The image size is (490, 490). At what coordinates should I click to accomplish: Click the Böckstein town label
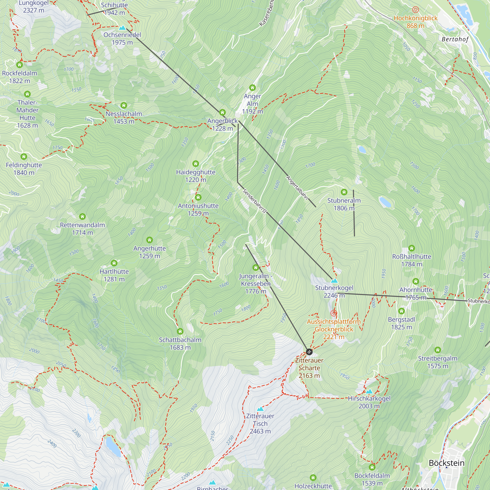click(446, 463)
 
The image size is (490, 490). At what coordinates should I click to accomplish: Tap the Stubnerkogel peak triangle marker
click(334, 281)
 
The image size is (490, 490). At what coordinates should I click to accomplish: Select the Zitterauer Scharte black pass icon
click(309, 352)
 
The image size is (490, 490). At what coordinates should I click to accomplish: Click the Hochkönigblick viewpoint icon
click(416, 10)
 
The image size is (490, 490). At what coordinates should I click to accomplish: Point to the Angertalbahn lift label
click(297, 188)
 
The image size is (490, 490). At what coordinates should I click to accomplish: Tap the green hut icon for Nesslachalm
click(123, 105)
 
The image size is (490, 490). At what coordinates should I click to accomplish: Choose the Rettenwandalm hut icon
click(82, 216)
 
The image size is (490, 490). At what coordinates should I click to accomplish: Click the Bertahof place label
click(455, 39)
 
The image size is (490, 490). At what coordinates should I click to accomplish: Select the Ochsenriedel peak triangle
click(122, 27)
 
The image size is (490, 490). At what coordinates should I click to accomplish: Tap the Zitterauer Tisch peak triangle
click(260, 409)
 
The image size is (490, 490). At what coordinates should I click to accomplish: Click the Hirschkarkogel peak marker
click(369, 391)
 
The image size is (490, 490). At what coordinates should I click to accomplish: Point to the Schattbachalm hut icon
click(180, 331)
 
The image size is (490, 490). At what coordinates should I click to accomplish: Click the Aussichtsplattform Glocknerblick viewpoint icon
click(334, 313)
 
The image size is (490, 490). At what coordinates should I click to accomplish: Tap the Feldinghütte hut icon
click(24, 157)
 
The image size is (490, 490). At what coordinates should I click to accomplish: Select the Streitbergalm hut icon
click(438, 350)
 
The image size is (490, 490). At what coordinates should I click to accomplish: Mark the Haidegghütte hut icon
click(196, 164)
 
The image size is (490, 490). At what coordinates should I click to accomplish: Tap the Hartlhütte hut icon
click(114, 263)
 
